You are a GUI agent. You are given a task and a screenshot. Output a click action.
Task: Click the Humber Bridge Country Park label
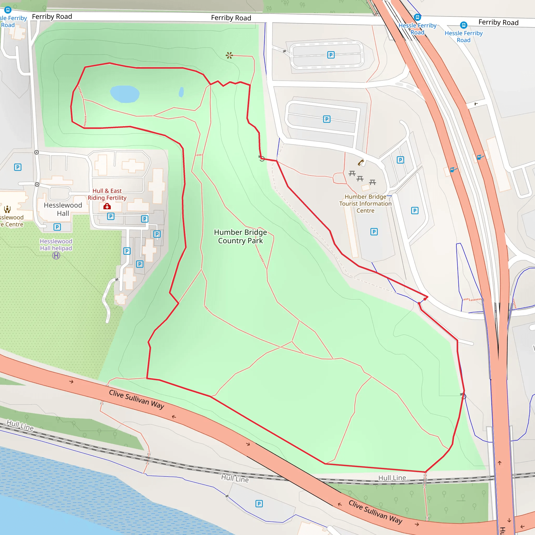(240, 236)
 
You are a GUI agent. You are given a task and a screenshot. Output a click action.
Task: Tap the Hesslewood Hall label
(63, 209)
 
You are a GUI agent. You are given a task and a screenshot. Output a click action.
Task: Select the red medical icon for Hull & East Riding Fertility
(107, 206)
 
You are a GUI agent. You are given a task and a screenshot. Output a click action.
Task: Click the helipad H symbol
(56, 255)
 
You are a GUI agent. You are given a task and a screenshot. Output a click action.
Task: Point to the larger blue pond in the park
(125, 94)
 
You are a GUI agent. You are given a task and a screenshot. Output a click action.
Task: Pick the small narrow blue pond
(181, 92)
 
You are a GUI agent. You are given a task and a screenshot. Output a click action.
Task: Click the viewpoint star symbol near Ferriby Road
(229, 55)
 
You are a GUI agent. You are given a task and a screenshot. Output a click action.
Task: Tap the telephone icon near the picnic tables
(360, 162)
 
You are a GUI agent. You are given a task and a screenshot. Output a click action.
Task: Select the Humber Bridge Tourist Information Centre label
(365, 203)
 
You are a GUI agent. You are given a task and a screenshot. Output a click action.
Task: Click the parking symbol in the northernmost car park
(331, 55)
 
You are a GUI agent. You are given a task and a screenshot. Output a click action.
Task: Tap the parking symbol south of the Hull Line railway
(259, 503)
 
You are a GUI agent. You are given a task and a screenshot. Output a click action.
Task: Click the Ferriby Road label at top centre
(231, 18)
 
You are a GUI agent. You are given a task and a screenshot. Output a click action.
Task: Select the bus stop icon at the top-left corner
(8, 10)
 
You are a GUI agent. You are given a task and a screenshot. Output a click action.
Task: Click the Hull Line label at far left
(20, 425)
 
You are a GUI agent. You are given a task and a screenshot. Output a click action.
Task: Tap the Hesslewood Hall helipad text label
(56, 245)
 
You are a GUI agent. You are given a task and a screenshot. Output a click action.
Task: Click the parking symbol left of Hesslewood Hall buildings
(18, 167)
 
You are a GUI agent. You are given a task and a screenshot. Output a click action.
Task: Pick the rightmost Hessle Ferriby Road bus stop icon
(464, 25)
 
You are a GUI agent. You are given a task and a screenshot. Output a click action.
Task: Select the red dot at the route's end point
(425, 299)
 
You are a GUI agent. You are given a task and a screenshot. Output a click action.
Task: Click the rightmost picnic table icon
(373, 182)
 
